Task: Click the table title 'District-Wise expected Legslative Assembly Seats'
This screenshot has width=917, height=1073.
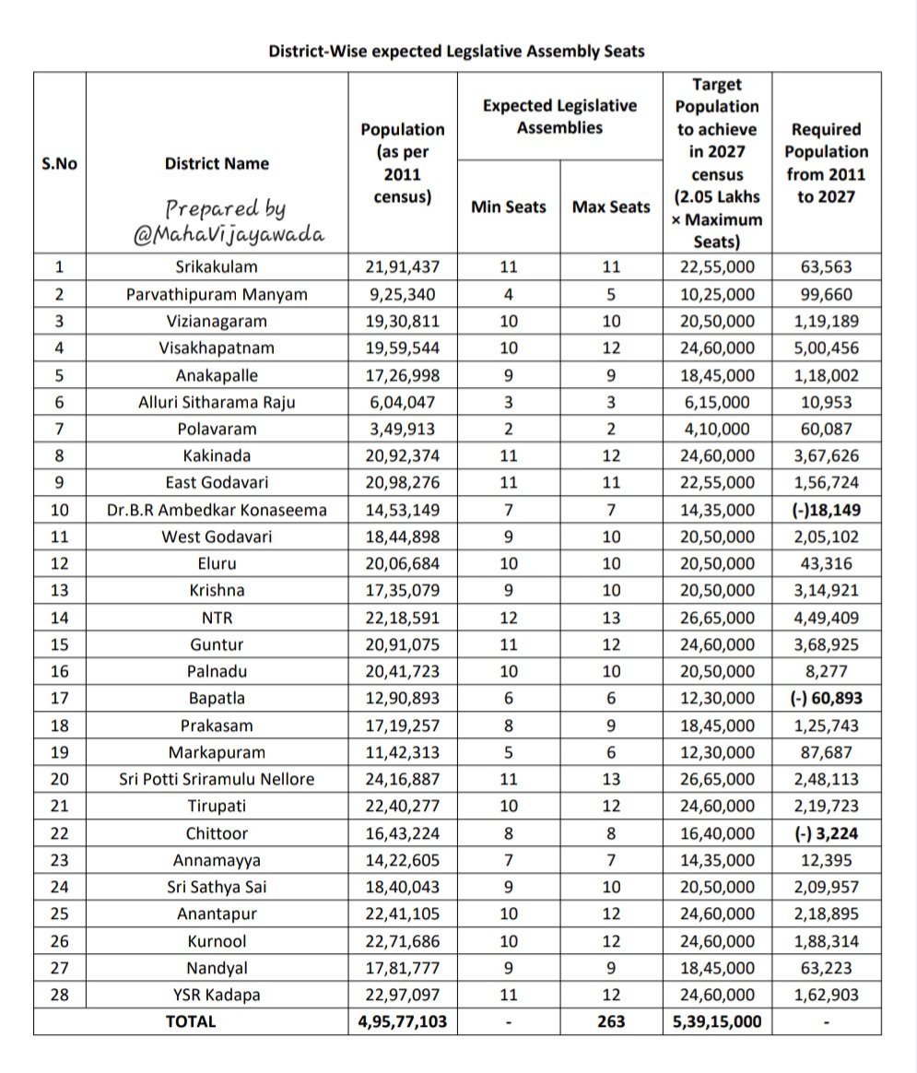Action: tap(456, 52)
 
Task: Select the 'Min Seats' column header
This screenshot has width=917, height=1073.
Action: tap(508, 207)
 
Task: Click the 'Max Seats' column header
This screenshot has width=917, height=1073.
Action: tap(611, 207)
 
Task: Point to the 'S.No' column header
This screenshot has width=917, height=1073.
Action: tap(60, 164)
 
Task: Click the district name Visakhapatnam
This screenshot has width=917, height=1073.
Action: tap(217, 348)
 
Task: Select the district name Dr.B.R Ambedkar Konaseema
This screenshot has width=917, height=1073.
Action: tap(217, 510)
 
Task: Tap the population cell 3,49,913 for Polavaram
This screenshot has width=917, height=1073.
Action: tap(402, 430)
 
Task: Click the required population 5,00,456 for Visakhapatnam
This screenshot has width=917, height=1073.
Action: tap(827, 348)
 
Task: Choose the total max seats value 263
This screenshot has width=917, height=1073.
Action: tap(611, 1021)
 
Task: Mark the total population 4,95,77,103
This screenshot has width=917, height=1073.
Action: tap(402, 1021)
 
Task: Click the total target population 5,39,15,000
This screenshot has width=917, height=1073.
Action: tap(717, 1021)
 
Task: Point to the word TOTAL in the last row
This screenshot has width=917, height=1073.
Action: tap(191, 1021)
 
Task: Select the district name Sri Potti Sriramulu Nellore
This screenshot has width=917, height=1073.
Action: tap(217, 780)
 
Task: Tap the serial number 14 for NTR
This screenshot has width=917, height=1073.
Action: tap(60, 618)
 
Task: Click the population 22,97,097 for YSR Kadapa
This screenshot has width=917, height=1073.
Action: tap(402, 995)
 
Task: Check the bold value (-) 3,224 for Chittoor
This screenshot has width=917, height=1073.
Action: tap(827, 833)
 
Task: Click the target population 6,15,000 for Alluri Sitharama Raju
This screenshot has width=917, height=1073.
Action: tap(717, 403)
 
